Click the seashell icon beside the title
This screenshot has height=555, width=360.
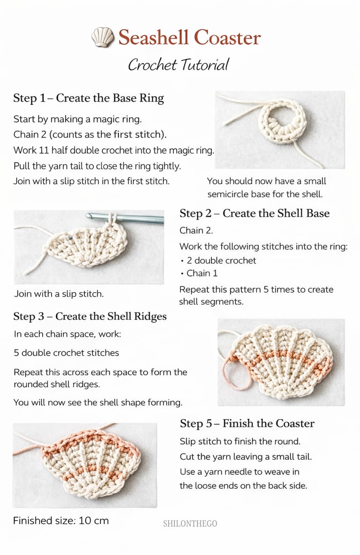(103, 37)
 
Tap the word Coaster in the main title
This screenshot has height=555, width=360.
(228, 38)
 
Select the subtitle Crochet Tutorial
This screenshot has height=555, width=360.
(179, 65)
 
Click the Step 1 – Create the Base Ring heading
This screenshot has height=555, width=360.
(89, 98)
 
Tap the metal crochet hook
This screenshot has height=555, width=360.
(125, 218)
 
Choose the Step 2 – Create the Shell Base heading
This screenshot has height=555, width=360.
(255, 213)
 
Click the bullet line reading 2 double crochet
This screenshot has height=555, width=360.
(218, 260)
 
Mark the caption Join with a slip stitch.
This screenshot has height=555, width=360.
(59, 294)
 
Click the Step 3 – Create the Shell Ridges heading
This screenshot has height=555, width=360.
(90, 316)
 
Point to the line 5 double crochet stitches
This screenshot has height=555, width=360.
(67, 353)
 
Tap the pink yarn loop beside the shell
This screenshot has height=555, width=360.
(233, 375)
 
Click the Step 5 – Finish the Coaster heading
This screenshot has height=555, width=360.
(247, 423)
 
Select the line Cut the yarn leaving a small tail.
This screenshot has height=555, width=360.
(246, 456)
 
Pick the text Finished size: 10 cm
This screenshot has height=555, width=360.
(61, 521)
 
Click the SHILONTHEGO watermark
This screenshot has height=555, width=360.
(190, 524)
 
